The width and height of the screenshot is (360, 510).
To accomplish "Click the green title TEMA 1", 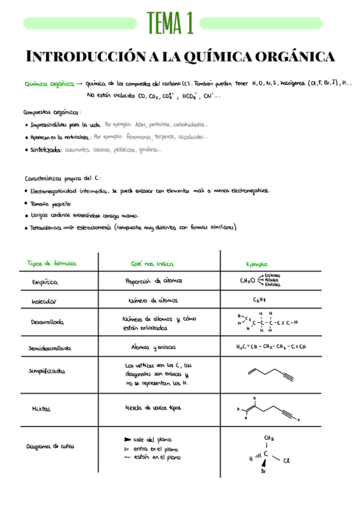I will pyautogui.click(x=170, y=23).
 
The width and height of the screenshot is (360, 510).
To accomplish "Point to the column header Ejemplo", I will pyautogui.click(x=257, y=264).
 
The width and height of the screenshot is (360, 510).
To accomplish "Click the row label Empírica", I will pyautogui.click(x=45, y=281).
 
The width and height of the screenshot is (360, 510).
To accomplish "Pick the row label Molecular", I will pyautogui.click(x=44, y=301).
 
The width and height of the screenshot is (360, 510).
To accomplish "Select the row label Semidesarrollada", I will pyautogui.click(x=50, y=348).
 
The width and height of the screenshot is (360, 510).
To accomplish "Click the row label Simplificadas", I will pyautogui.click(x=47, y=371).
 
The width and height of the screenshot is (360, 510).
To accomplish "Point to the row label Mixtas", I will pyautogui.click(x=41, y=409).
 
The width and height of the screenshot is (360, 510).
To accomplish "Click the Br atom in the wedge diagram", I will pyautogui.click(x=263, y=472).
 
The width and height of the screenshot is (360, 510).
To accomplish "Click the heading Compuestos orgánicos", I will pyautogui.click(x=51, y=112).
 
